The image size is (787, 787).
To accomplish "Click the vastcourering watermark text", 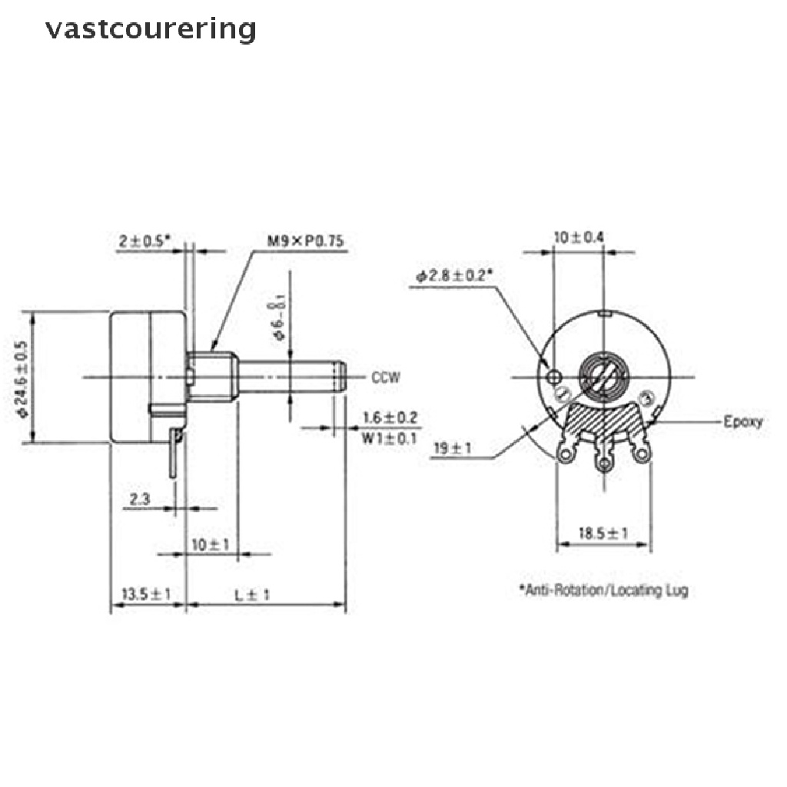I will [x=150, y=29].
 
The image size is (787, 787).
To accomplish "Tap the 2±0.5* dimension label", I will [x=145, y=241].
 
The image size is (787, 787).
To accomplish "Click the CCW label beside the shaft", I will [x=387, y=377].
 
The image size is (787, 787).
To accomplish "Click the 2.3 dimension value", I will [x=140, y=500].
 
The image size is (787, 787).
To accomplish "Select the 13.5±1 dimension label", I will [x=146, y=594].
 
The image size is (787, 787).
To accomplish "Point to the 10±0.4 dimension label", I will [x=579, y=237].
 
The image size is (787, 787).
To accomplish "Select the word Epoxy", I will [x=743, y=422].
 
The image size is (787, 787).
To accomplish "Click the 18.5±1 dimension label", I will [x=603, y=533].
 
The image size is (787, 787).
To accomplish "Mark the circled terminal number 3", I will [x=646, y=397].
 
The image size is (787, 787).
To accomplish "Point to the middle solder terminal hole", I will [x=604, y=464].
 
